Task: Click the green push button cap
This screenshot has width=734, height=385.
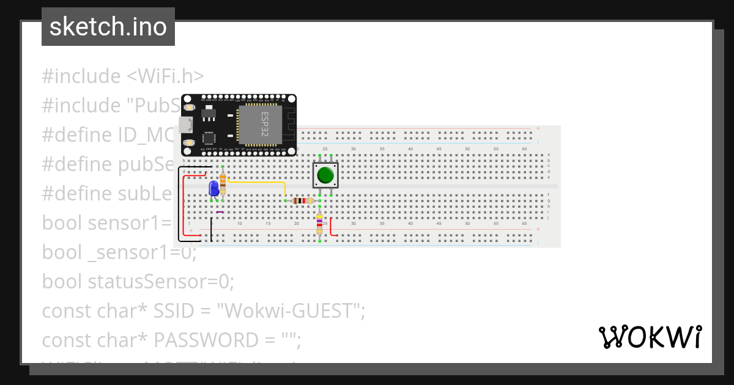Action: click(x=325, y=175)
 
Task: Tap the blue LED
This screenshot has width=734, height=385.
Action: click(x=213, y=188)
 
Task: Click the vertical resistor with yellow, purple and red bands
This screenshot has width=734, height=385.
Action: click(x=319, y=224)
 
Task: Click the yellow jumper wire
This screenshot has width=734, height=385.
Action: click(x=257, y=182)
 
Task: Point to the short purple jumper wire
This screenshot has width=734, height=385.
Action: click(x=220, y=212)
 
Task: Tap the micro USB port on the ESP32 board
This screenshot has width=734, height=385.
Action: click(x=186, y=125)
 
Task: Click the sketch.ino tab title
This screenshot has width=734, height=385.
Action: click(x=108, y=27)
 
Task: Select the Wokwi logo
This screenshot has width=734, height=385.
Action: click(x=650, y=337)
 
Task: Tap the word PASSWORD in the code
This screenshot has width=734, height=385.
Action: click(x=201, y=339)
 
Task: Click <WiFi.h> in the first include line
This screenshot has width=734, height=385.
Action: click(x=165, y=76)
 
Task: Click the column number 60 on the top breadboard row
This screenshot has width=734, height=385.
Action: click(x=524, y=149)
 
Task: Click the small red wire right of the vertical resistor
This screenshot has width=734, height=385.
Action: click(x=332, y=227)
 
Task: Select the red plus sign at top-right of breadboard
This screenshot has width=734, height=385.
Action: click(x=538, y=128)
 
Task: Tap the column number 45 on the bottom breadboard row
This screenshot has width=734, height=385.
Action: click(x=439, y=224)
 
